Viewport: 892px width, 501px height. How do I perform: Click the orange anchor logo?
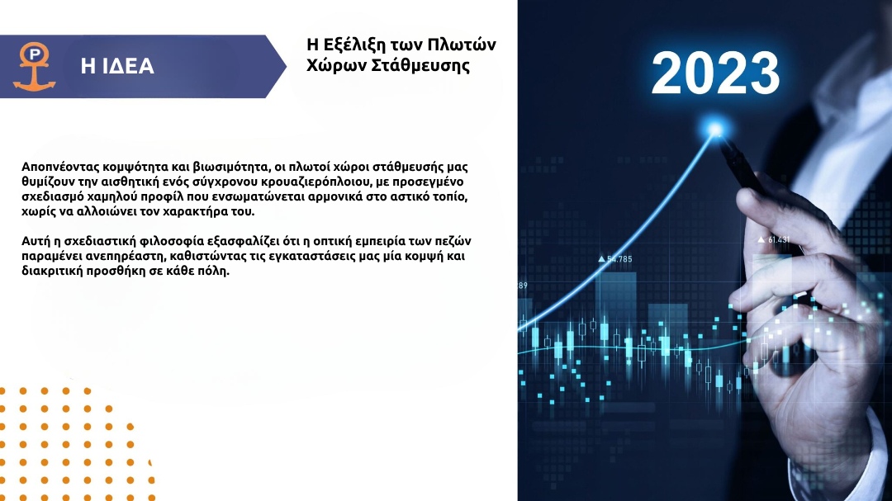point(34,67)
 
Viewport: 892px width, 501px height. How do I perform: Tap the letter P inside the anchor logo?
point(35,54)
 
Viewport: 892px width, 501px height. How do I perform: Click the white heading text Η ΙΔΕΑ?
point(117,66)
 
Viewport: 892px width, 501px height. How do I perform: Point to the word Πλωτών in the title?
point(462,45)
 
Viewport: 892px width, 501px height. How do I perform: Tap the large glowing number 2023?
point(715,73)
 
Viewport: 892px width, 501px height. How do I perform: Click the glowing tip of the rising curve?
point(715,129)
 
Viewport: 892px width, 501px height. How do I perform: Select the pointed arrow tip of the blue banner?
point(286,67)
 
